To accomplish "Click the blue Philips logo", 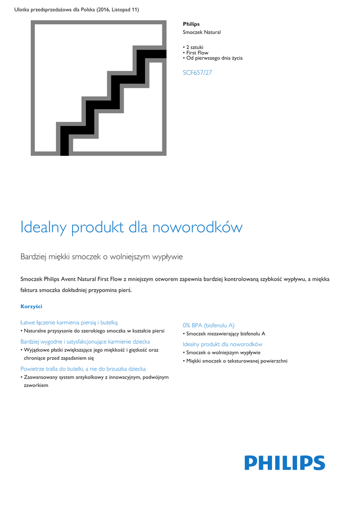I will (x=285, y=463).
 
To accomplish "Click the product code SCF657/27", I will (x=197, y=72).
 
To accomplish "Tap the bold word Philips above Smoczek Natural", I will (x=191, y=24).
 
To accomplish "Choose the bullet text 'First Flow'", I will (x=197, y=53).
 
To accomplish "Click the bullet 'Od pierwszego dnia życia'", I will (x=214, y=58).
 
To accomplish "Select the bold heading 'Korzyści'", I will (x=31, y=306).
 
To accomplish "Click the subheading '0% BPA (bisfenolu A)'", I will (x=209, y=325).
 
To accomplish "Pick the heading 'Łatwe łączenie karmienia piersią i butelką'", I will (x=69, y=322).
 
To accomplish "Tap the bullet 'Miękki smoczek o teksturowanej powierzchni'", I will (x=236, y=361).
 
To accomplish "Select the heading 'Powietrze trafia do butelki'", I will (x=83, y=369).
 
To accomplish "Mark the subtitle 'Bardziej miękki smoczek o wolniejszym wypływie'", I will (x=102, y=256).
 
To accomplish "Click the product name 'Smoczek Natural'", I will (x=202, y=32).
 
